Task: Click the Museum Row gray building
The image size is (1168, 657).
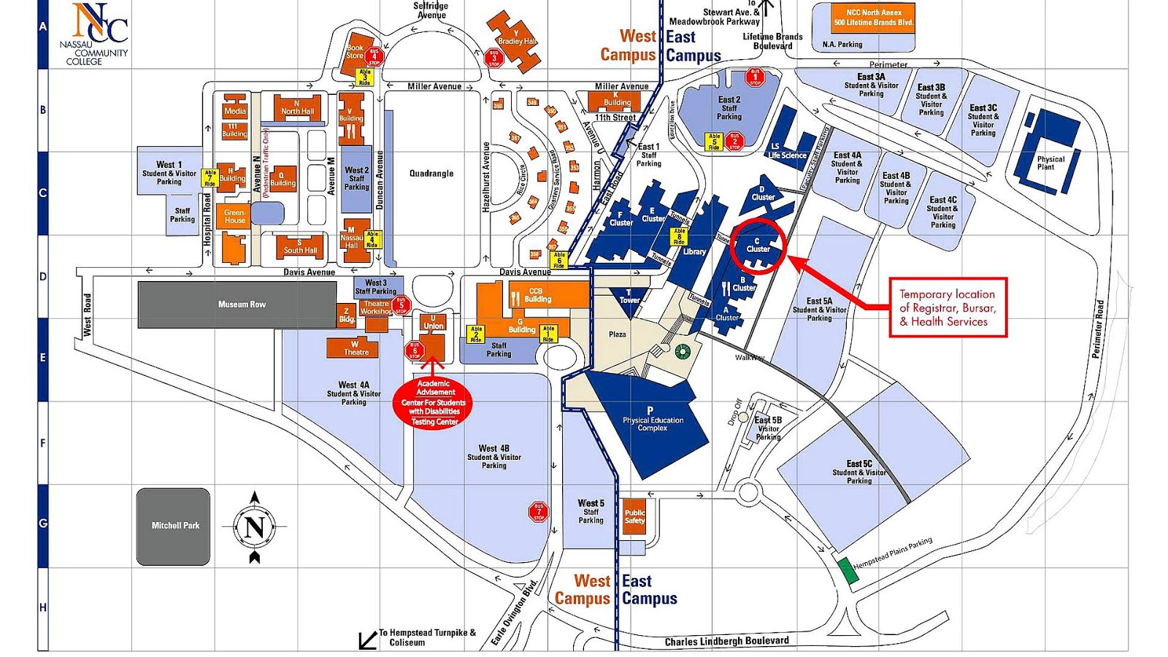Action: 241,304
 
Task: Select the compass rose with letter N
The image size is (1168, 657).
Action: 255,526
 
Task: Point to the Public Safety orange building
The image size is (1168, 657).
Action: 634,516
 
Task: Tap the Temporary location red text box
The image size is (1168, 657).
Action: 948,307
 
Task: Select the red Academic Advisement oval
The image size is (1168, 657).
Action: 434,403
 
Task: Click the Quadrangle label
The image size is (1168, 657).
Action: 431,174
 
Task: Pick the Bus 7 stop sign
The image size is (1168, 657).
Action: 539,511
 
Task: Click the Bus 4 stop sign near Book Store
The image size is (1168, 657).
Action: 374,55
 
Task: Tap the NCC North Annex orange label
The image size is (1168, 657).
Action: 873,18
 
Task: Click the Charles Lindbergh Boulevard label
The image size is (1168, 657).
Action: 726,641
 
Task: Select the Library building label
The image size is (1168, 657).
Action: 694,252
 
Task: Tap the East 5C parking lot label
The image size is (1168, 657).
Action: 859,472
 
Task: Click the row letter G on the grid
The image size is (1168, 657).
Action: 42,523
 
